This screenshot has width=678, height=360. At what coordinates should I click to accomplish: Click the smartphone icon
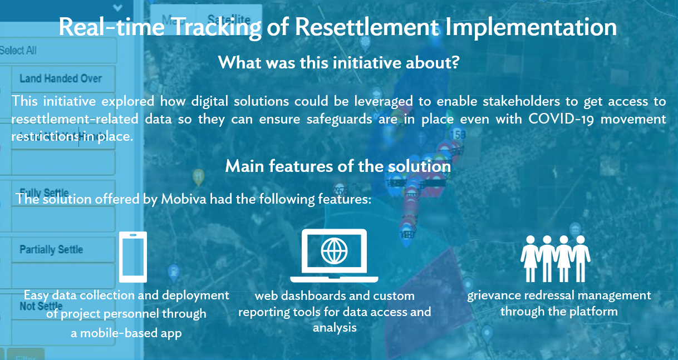point(133,257)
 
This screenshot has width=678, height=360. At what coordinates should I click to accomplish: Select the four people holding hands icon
point(556,258)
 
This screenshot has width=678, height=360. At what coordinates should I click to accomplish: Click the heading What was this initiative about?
point(338,62)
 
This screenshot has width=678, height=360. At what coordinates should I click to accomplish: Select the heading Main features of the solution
point(338,166)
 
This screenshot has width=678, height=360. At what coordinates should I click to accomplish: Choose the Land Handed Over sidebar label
point(61,78)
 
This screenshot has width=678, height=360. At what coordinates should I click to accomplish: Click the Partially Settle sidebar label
point(51,249)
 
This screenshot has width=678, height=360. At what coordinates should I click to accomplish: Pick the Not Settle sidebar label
point(41,307)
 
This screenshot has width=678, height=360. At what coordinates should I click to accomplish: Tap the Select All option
point(18,51)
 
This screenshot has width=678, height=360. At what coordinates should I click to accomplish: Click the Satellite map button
point(226,18)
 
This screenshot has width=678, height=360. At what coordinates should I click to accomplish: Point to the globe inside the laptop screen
point(334,251)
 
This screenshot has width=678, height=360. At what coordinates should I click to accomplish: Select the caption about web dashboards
point(335,312)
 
